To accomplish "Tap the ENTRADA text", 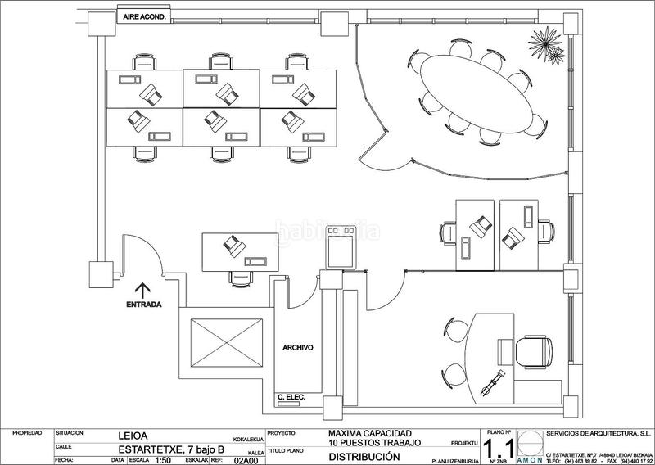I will (143, 305).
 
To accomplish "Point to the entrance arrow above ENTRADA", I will (142, 289).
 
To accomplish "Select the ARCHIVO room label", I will (299, 346).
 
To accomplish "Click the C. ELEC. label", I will (291, 398).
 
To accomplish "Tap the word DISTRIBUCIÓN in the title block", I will (364, 457).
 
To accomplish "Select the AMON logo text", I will (528, 460).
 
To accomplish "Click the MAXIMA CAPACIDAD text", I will (369, 433).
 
